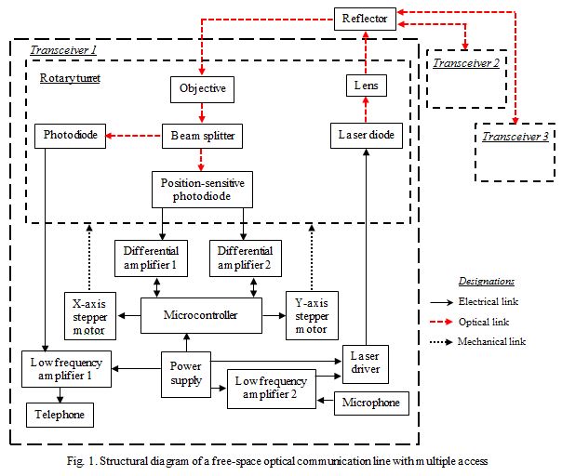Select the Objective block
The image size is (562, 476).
[202, 89]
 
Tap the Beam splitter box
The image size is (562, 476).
[202, 136]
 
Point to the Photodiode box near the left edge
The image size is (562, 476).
[69, 136]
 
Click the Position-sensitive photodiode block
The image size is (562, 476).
[201, 189]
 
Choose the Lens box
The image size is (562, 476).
[364, 87]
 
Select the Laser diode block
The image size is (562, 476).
[365, 136]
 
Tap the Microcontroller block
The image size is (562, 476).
[200, 315]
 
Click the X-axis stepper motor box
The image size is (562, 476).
[90, 316]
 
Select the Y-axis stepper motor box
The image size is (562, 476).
[310, 316]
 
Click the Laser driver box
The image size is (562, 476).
[365, 364]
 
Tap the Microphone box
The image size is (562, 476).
[370, 403]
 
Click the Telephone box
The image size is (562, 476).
[60, 414]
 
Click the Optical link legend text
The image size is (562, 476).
[485, 322]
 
